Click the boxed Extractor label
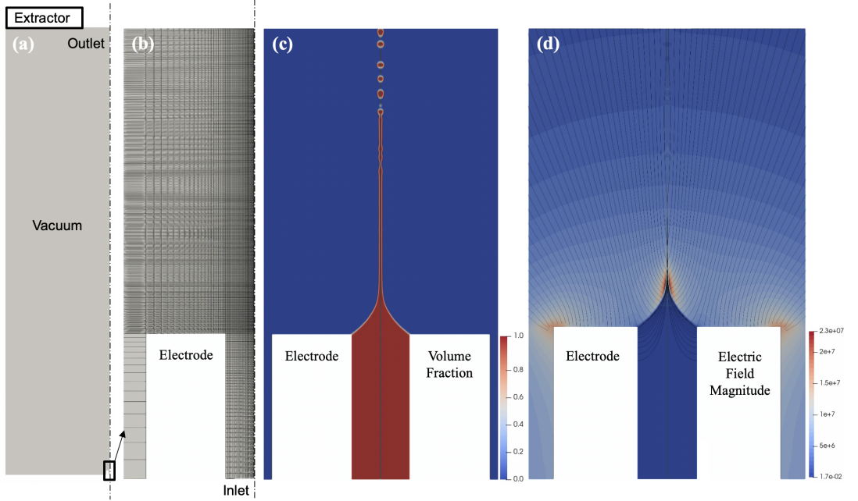click(x=48, y=16)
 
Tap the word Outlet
click(x=85, y=44)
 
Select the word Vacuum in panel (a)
click(x=56, y=226)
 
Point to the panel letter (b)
click(x=142, y=44)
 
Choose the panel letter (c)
click(x=282, y=44)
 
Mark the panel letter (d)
click(x=549, y=44)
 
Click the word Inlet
click(x=234, y=490)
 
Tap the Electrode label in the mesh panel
click(x=186, y=356)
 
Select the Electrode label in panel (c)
click(x=312, y=357)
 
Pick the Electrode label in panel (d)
click(x=592, y=357)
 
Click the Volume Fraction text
click(x=449, y=365)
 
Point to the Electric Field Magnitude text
click(x=740, y=373)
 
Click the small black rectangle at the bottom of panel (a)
click(x=109, y=470)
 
